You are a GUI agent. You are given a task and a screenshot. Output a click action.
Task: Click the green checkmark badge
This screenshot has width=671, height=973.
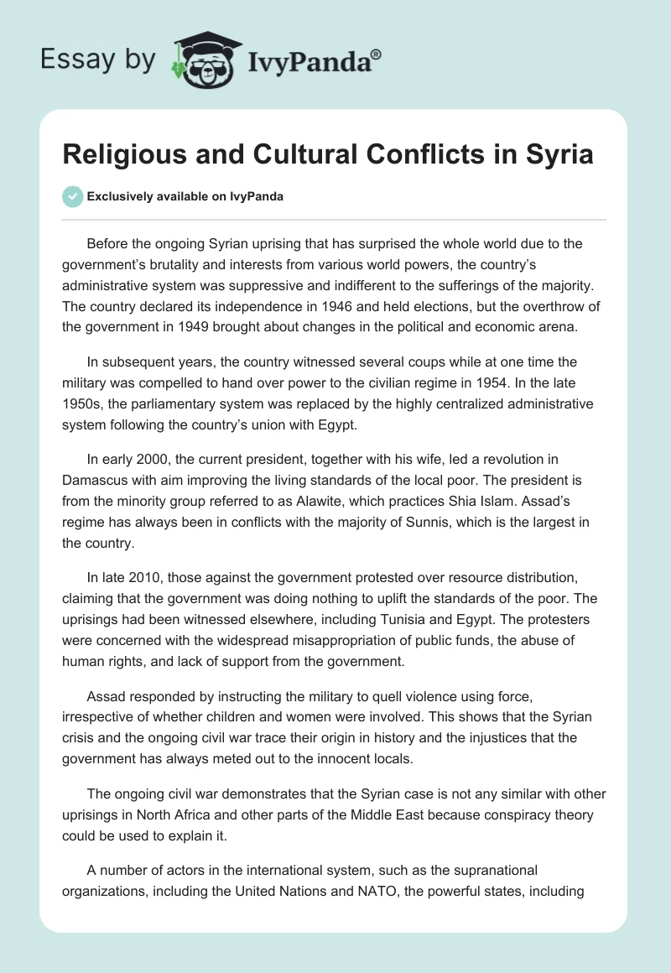point(72,196)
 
